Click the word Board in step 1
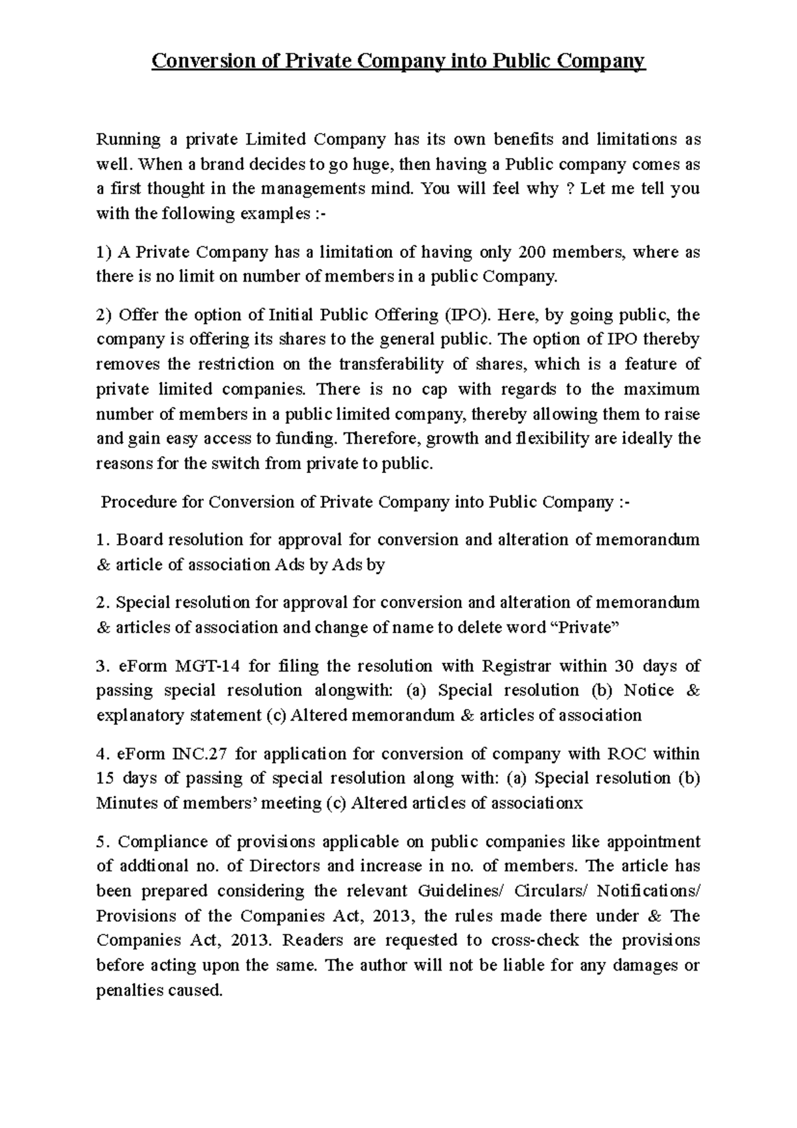tap(138, 540)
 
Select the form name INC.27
tap(199, 755)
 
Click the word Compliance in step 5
tap(163, 842)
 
